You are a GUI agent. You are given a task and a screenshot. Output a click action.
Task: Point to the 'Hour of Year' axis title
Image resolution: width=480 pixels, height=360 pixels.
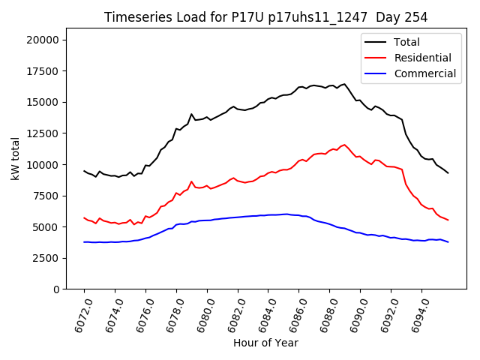pos(265,343)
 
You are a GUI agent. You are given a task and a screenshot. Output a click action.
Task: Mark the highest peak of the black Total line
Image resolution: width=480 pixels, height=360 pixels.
pos(345,84)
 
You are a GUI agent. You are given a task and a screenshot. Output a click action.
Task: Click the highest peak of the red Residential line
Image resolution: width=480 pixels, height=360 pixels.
pos(345,145)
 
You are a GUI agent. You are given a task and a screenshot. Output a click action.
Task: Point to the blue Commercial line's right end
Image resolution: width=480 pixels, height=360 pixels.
pos(448,242)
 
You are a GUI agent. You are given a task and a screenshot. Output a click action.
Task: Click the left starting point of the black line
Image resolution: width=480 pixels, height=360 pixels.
pos(84,171)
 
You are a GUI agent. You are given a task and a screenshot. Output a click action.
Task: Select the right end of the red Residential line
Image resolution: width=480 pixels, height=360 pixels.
pos(448,220)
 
